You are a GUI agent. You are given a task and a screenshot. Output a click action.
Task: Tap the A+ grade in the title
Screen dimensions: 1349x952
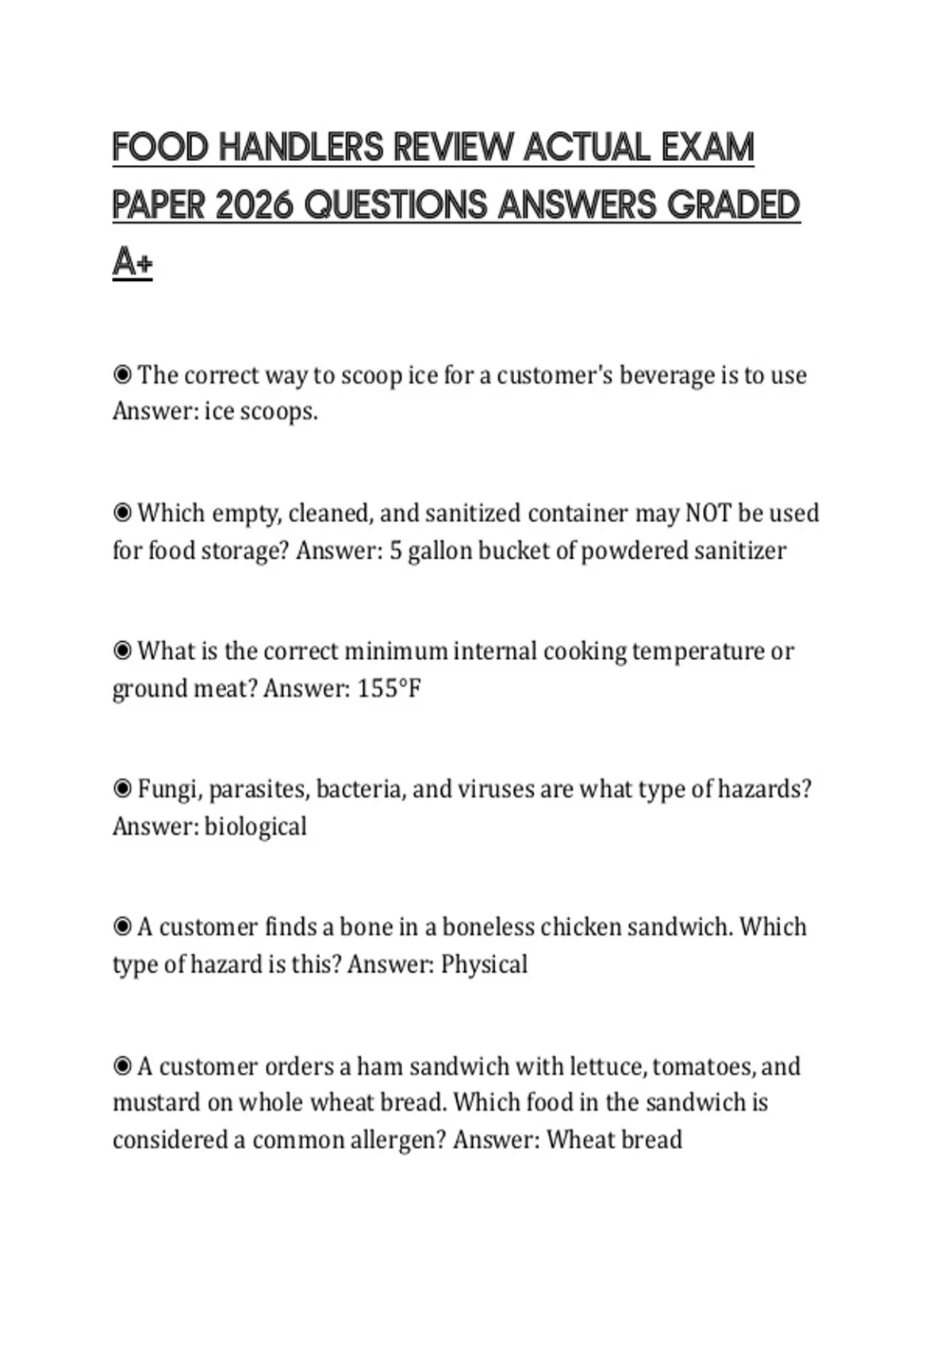tap(132, 263)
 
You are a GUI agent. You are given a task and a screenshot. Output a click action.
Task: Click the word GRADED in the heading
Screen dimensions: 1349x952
tap(733, 206)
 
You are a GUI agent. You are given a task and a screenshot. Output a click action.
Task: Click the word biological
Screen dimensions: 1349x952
tap(255, 826)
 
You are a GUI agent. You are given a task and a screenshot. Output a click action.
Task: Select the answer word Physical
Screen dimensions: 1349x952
tap(484, 964)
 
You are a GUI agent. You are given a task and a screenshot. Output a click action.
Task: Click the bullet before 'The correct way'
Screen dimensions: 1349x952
tap(122, 375)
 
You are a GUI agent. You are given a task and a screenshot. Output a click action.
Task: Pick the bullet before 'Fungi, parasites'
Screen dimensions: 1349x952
tap(122, 789)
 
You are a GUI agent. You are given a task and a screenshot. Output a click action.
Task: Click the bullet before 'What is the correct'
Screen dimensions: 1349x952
tap(122, 651)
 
